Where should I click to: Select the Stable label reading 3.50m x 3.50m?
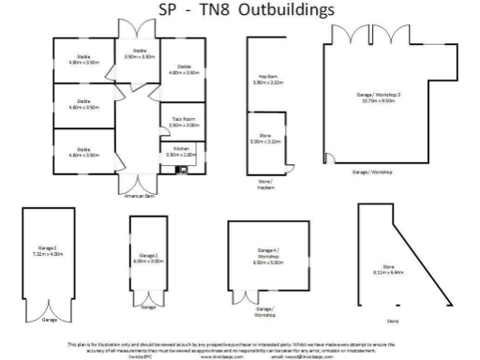tap(140, 53)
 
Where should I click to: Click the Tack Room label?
tap(182, 122)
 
